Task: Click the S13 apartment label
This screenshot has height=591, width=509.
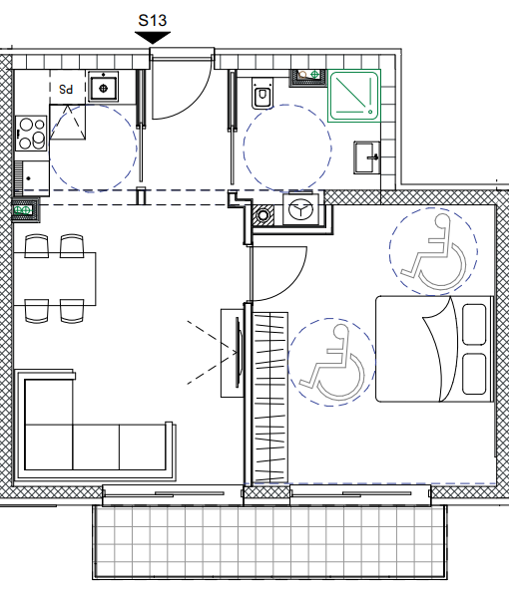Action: click(x=153, y=20)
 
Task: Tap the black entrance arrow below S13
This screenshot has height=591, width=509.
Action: click(x=153, y=38)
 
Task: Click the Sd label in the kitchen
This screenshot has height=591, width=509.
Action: click(x=66, y=90)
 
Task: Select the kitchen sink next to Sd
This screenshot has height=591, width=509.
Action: click(x=104, y=87)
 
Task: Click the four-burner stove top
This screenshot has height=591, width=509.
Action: click(x=32, y=134)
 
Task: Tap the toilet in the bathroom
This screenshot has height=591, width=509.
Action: click(x=262, y=93)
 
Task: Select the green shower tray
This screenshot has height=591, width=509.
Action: click(x=354, y=96)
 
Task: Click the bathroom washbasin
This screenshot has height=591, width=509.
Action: click(x=366, y=157)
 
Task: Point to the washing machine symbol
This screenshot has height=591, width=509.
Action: click(x=300, y=209)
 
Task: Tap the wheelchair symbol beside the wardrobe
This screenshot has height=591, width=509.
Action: click(x=331, y=363)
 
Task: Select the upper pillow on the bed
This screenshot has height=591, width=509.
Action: click(x=474, y=325)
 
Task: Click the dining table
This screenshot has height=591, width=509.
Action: click(x=54, y=279)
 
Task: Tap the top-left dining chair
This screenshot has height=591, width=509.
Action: click(x=36, y=246)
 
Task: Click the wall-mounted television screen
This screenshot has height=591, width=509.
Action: click(x=238, y=353)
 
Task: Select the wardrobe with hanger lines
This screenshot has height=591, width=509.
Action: click(x=270, y=398)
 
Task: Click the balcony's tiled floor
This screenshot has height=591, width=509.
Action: click(x=269, y=542)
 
